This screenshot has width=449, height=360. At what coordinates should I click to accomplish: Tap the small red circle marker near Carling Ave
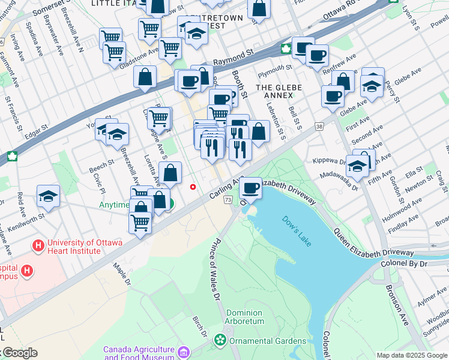pyautogui.click(x=193, y=187)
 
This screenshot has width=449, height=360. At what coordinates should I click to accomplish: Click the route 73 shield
pyautogui.click(x=228, y=199)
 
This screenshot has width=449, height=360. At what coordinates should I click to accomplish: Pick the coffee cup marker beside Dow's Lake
pyautogui.click(x=250, y=188)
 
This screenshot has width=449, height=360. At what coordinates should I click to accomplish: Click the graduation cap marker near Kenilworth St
pyautogui.click(x=49, y=196)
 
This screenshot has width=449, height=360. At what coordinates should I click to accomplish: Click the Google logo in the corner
pyautogui.click(x=19, y=353)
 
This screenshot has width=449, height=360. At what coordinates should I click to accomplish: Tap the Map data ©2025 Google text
pyautogui.click(x=412, y=355)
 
